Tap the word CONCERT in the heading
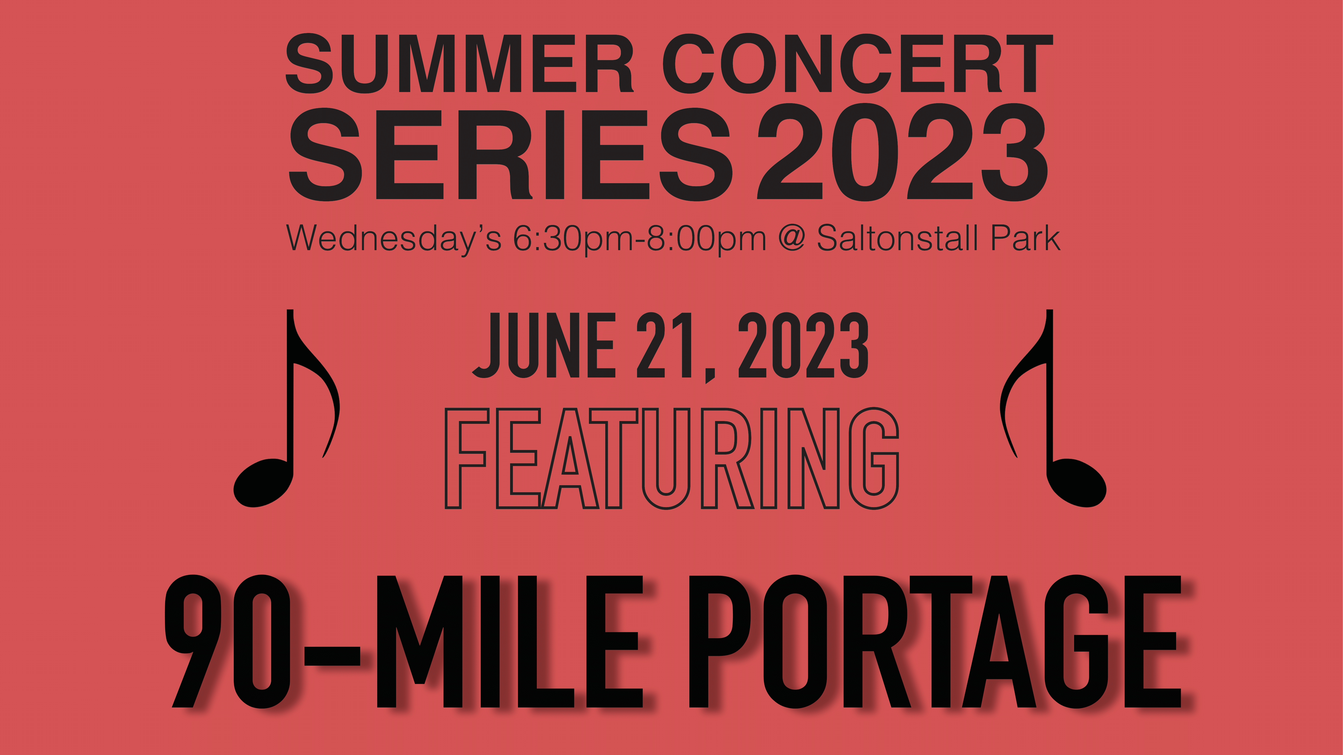(858, 64)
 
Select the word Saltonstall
(897, 238)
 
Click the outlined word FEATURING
(671, 459)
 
